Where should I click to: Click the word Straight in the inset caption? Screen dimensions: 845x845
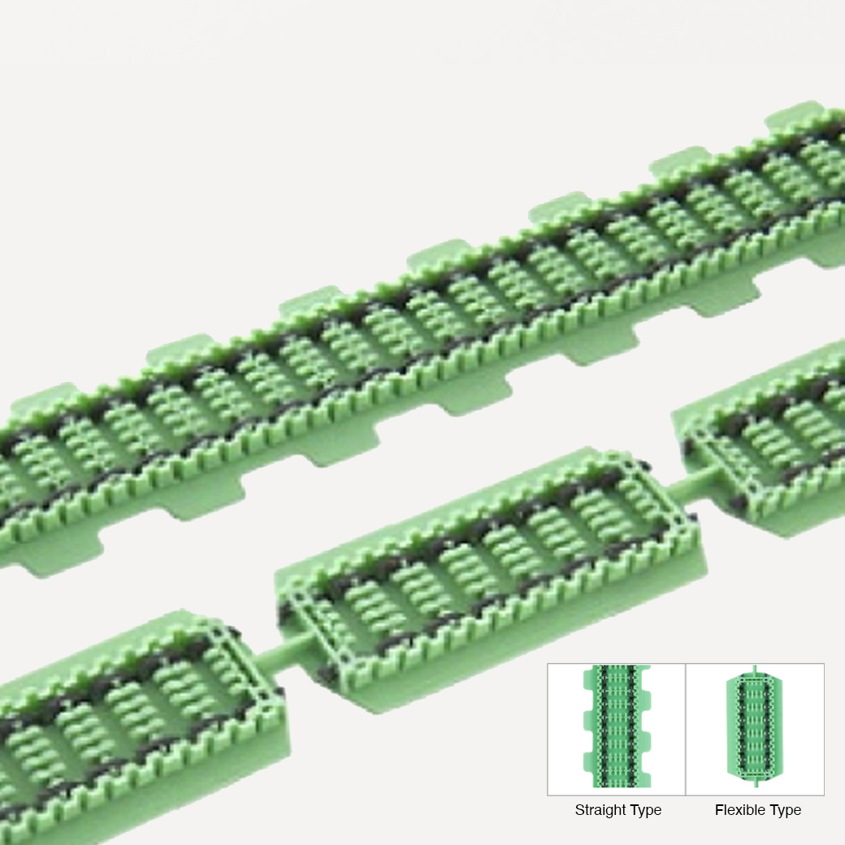597,810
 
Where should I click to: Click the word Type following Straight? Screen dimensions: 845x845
643,811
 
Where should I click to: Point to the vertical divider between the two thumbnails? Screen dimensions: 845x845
686,729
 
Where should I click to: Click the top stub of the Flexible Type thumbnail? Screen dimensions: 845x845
755,669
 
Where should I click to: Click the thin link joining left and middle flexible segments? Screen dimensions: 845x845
286,653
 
